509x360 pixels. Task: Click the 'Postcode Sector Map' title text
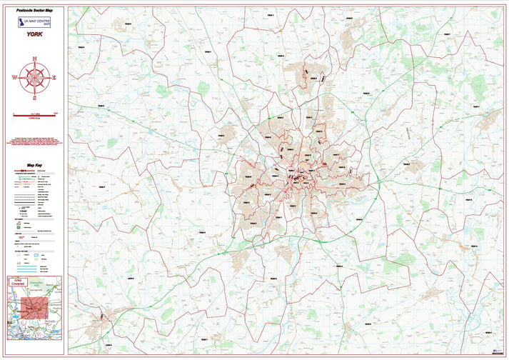(x=34, y=12)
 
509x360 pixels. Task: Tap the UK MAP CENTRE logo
(x=34, y=26)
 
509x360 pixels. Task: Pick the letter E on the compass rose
(x=54, y=77)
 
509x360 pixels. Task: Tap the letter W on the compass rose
(x=14, y=77)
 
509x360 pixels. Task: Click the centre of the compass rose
(x=34, y=77)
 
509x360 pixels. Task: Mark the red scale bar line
(x=34, y=114)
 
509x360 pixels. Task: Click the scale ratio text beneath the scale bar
(x=34, y=119)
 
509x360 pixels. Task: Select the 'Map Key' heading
(x=34, y=165)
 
